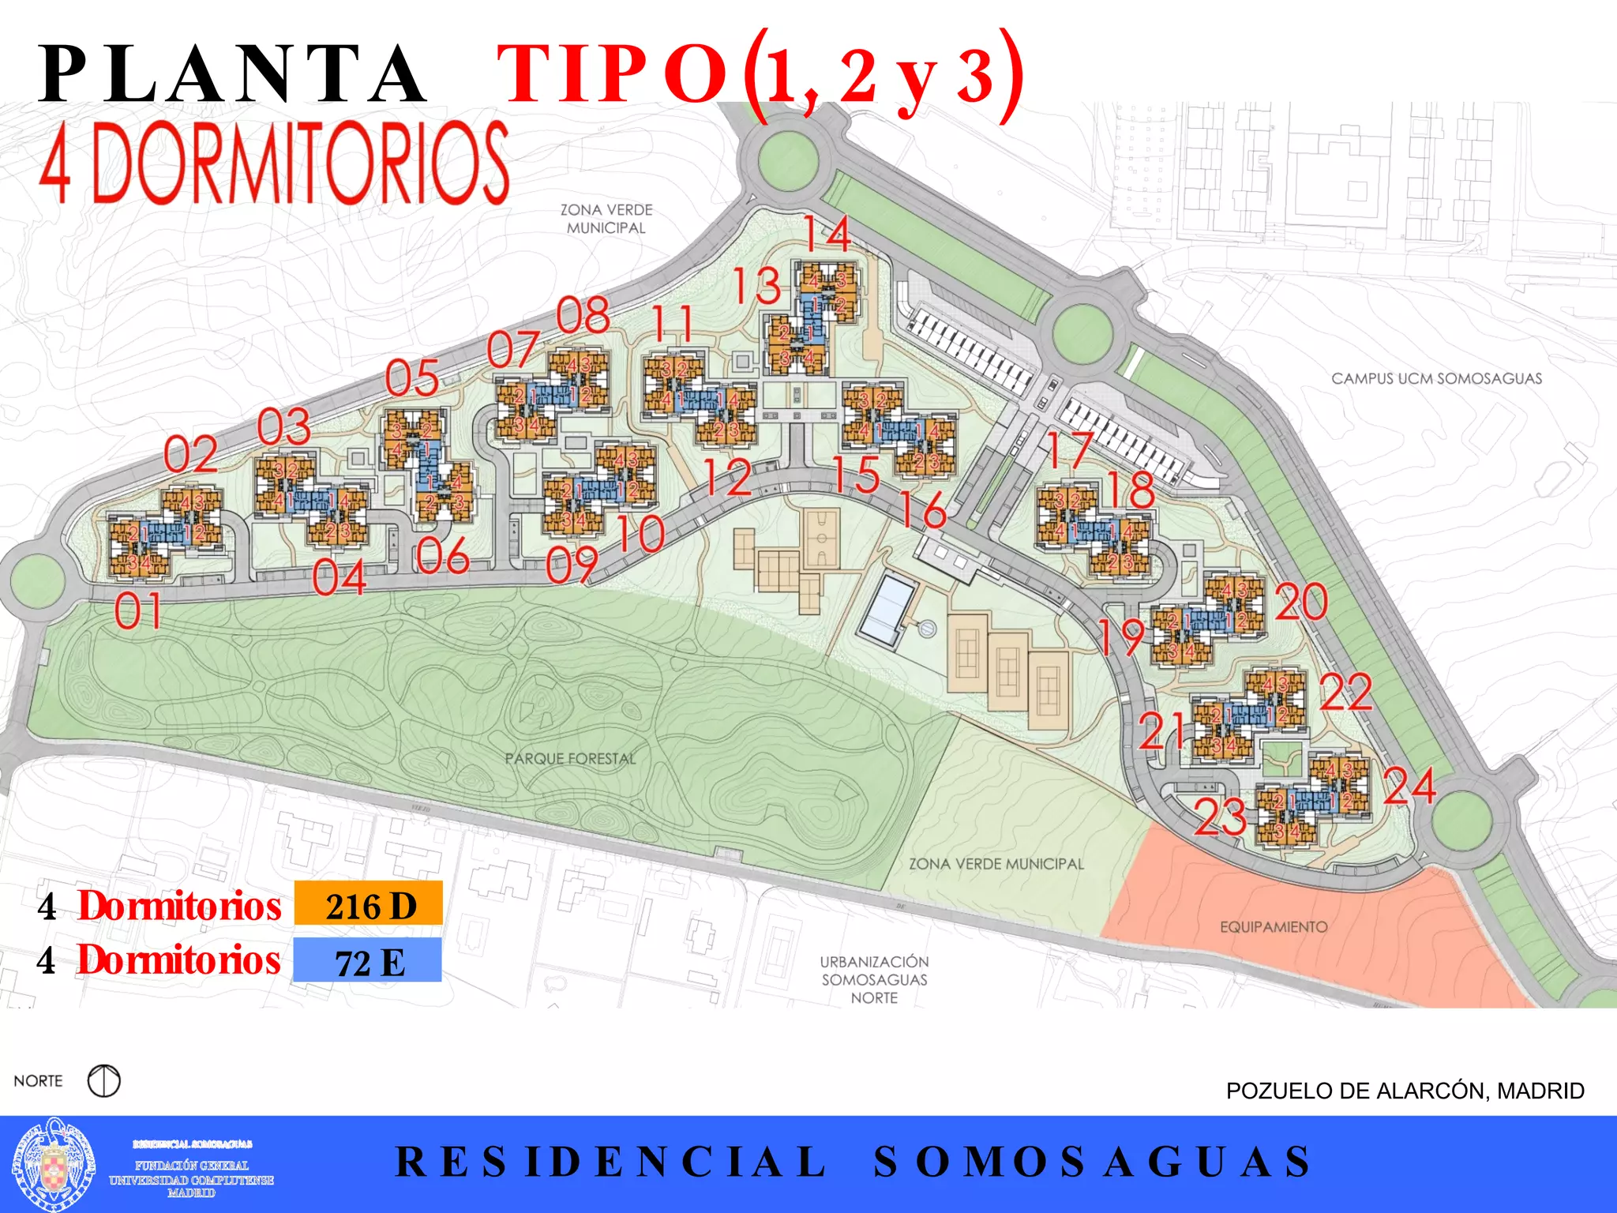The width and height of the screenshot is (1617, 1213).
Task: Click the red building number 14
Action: [827, 234]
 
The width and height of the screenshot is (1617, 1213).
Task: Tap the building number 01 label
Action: [138, 610]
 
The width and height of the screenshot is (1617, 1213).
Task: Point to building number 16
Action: [924, 509]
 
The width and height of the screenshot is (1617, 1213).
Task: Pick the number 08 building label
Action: [583, 315]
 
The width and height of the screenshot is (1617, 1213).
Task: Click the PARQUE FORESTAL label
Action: [570, 759]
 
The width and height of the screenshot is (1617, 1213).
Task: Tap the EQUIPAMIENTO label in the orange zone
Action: [1274, 926]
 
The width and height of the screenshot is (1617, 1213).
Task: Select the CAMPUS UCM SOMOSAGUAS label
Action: [1436, 379]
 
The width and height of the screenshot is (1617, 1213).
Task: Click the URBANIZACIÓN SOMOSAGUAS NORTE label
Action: [874, 979]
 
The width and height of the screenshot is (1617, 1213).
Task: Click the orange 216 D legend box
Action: [369, 904]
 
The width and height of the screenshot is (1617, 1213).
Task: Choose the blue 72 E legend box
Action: [367, 960]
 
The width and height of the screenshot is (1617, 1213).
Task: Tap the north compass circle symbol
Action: [104, 1080]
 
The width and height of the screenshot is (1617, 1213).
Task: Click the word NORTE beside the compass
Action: [38, 1080]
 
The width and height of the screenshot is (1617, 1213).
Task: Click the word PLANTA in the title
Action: [233, 75]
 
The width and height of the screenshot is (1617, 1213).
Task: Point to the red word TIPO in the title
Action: [612, 75]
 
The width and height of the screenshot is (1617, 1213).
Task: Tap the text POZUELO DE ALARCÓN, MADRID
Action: [1405, 1091]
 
